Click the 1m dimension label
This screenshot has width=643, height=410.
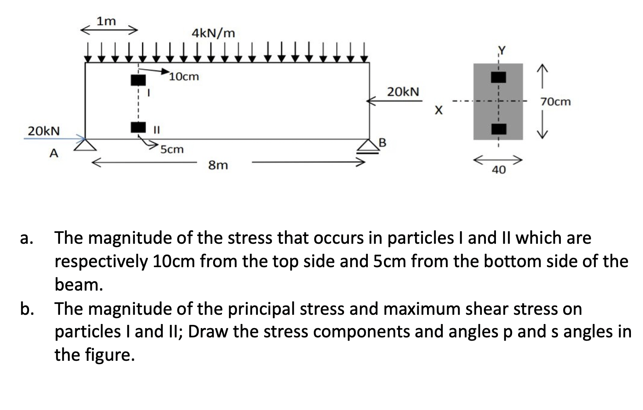click(x=106, y=21)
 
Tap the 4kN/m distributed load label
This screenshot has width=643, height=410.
click(x=213, y=33)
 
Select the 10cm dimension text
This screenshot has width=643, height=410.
click(x=184, y=76)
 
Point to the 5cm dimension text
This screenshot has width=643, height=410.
click(x=172, y=149)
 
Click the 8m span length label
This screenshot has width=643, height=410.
click(x=218, y=165)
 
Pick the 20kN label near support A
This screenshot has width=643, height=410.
click(x=43, y=131)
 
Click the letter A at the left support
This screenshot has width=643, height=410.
click(x=53, y=153)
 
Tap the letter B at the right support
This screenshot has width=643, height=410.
click(x=382, y=143)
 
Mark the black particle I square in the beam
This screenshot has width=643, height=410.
click(x=138, y=80)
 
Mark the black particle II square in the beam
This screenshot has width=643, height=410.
click(x=138, y=127)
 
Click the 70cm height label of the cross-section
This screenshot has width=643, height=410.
click(x=556, y=102)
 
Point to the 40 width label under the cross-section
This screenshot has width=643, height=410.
click(x=498, y=170)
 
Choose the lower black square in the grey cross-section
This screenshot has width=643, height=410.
click(x=498, y=129)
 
